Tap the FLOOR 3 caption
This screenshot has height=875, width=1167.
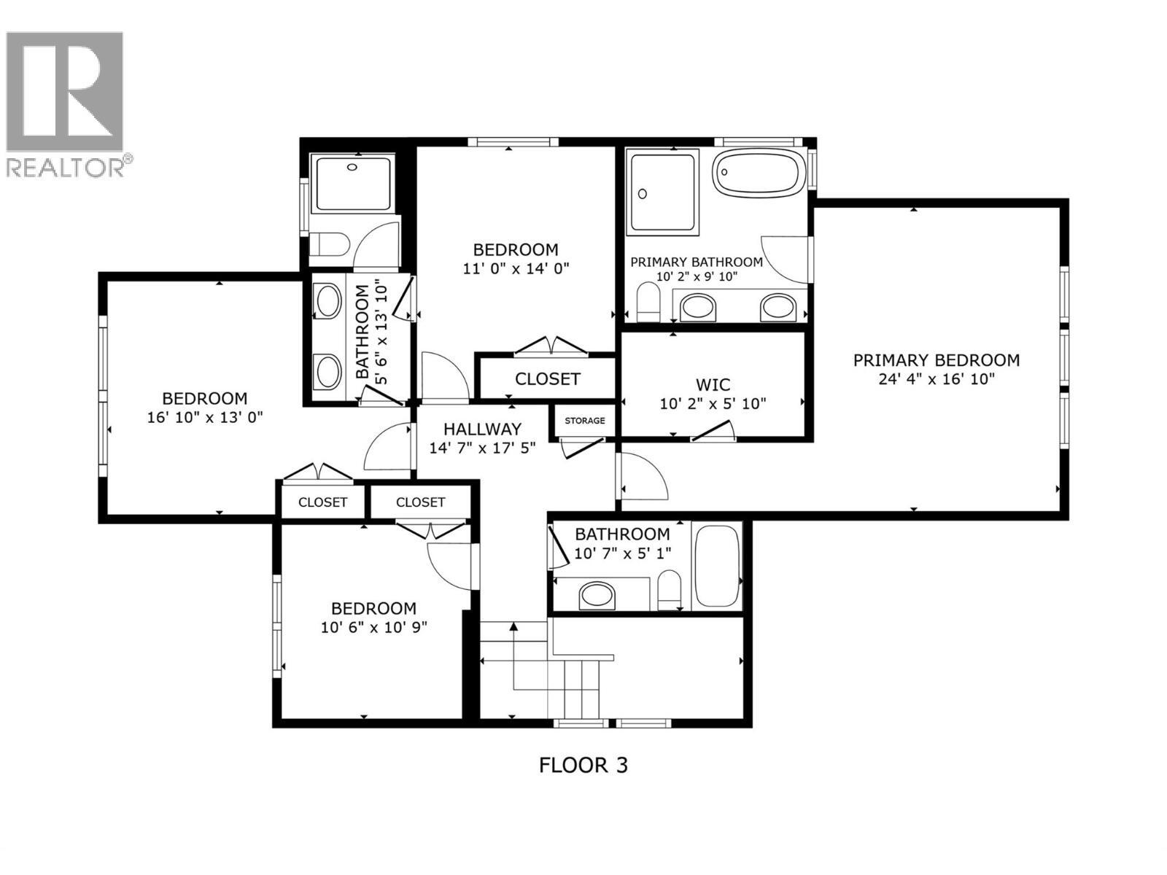tap(583, 765)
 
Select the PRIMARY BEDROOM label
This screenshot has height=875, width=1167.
tap(937, 360)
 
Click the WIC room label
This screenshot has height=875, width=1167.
tap(713, 385)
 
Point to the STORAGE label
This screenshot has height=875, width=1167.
tap(584, 421)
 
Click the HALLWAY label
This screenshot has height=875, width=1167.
tap(482, 429)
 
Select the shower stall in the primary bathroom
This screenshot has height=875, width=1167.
tap(664, 192)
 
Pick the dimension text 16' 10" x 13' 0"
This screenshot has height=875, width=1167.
tap(204, 417)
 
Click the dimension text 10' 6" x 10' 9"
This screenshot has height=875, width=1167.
tap(373, 627)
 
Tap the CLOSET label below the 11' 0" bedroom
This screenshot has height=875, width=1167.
tap(547, 379)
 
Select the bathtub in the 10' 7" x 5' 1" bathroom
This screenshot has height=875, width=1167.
tap(718, 566)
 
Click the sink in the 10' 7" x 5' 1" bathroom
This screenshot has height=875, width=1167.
tap(598, 595)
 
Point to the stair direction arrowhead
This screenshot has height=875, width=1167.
tap(513, 626)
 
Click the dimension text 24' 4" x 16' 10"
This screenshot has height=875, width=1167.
tap(937, 379)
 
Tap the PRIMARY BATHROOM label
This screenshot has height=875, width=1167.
tap(696, 262)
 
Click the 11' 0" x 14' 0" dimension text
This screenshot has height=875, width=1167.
tap(516, 268)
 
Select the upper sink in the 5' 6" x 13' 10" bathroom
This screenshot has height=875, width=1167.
tap(328, 300)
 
